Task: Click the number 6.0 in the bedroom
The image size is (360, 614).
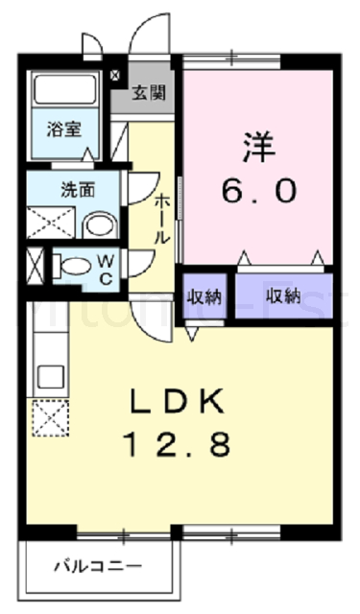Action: pyautogui.click(x=258, y=190)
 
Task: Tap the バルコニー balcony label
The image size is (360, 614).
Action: pyautogui.click(x=98, y=567)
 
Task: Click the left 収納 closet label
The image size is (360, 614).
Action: pyautogui.click(x=204, y=295)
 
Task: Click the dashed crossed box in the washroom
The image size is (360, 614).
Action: pyautogui.click(x=48, y=221)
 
